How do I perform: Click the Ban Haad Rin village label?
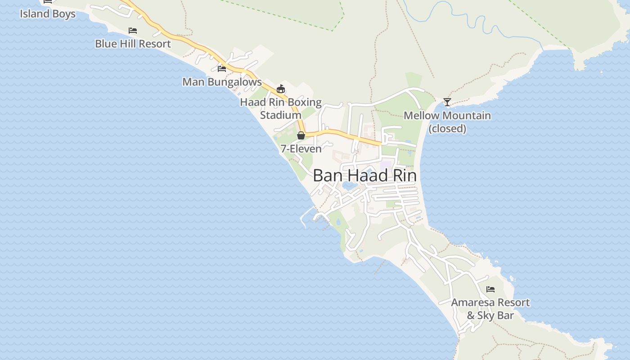point(364,175)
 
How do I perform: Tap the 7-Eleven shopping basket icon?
point(301,135)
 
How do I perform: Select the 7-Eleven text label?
point(301,148)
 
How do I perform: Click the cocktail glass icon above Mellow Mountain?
point(447,102)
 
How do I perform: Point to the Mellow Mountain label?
point(447,116)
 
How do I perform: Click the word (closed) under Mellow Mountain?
point(447,129)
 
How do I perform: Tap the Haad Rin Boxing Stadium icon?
point(281,89)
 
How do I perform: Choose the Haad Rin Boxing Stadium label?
point(281,108)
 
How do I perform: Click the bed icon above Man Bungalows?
point(222,69)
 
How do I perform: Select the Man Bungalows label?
point(222,82)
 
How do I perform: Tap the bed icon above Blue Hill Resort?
point(133,31)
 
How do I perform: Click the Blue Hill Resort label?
point(133,44)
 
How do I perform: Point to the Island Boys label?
point(48,13)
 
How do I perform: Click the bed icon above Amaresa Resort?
point(490,289)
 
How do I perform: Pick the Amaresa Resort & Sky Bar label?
point(490,309)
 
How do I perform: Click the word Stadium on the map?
point(281,115)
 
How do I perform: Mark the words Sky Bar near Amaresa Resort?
point(495,315)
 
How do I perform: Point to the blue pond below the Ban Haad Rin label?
point(348,186)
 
